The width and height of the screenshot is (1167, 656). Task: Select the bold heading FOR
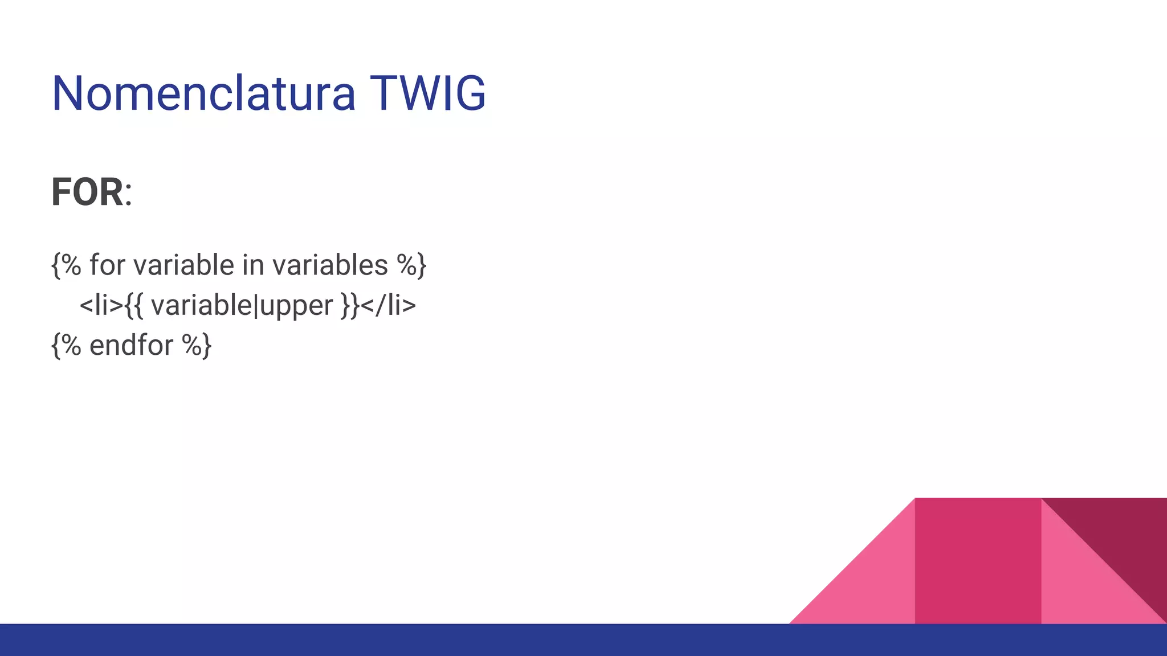point(87,192)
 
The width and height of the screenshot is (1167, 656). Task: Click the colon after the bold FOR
point(129,195)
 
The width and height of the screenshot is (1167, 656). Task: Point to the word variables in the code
point(330,265)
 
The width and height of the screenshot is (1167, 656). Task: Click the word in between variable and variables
point(253,265)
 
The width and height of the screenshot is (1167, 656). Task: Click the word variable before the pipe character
point(201,305)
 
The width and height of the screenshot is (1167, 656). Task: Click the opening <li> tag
point(101,305)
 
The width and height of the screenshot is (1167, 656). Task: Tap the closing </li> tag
point(389,305)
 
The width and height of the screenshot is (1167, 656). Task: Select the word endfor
point(131,345)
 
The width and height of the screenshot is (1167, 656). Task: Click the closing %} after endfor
point(197,345)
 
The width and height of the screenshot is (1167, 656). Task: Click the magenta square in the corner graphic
point(978,560)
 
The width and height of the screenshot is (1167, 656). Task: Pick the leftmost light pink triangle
point(872,587)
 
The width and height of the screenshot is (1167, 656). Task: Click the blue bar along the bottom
point(583,640)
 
